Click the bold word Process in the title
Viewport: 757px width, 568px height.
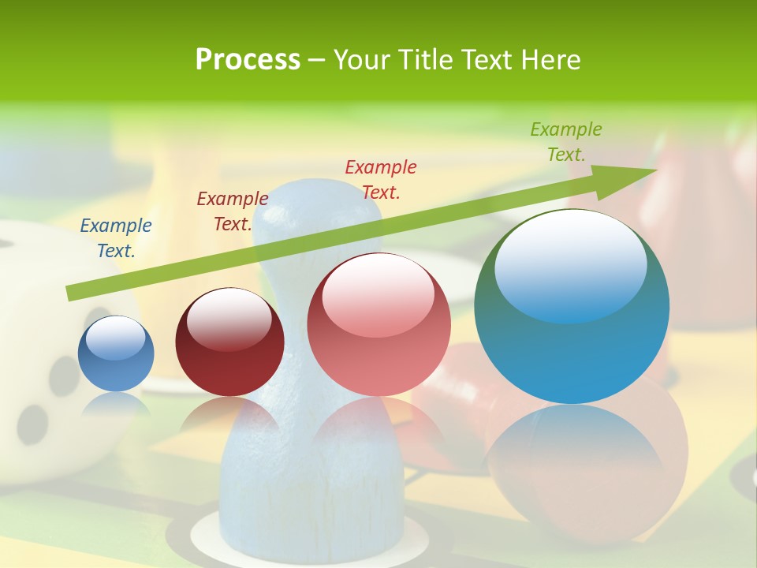point(248,60)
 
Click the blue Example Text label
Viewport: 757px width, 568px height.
point(116,237)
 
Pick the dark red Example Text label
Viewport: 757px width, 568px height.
point(232,211)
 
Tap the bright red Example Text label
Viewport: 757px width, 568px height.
point(381,179)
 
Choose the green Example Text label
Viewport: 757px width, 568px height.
point(565,141)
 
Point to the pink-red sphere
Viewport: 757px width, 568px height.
point(378,339)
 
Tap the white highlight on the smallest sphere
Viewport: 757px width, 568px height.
point(115,338)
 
